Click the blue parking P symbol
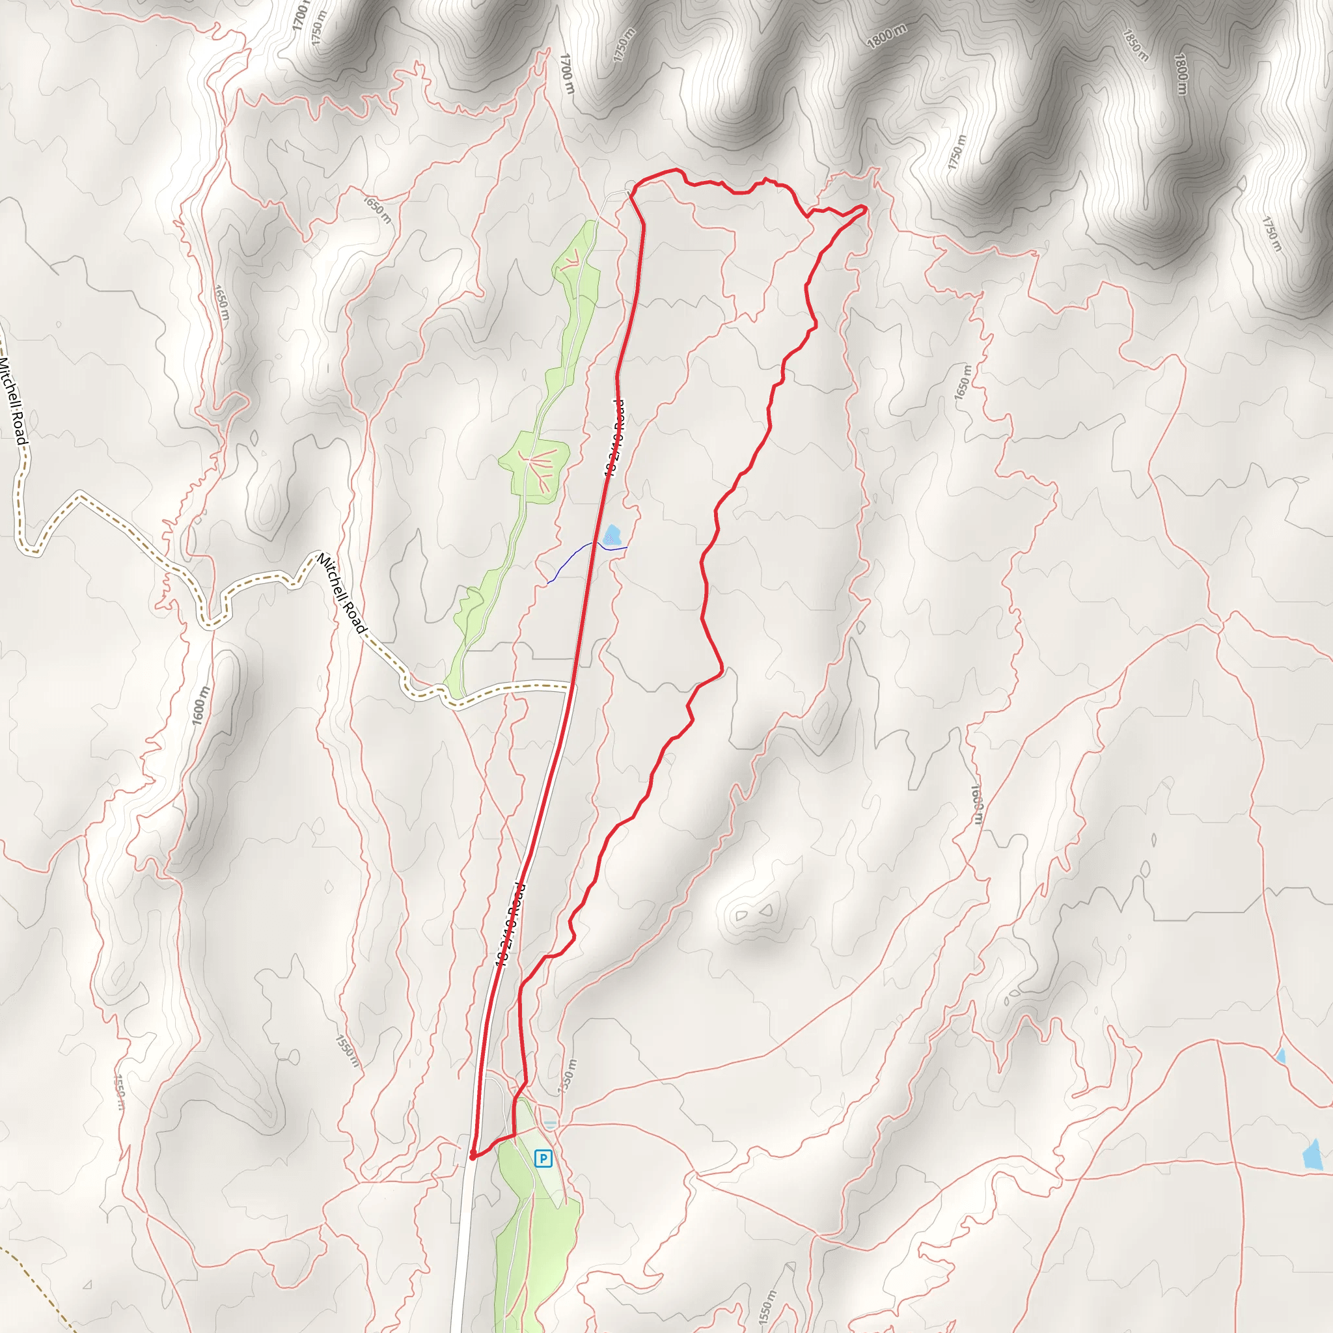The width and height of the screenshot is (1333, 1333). [543, 1159]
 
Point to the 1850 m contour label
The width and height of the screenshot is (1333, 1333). [1135, 46]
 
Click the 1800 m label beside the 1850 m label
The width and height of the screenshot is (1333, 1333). [1181, 74]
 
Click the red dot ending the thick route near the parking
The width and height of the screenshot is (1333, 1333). [472, 1158]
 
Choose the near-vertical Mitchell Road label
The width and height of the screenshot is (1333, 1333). [13, 400]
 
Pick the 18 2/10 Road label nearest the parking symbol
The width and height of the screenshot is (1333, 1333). [510, 924]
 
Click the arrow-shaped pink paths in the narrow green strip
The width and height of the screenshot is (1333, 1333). [572, 260]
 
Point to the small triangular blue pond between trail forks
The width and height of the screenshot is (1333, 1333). [1281, 1056]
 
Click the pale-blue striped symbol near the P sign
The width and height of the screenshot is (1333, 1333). [550, 1125]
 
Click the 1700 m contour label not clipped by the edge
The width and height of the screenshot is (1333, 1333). [566, 73]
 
